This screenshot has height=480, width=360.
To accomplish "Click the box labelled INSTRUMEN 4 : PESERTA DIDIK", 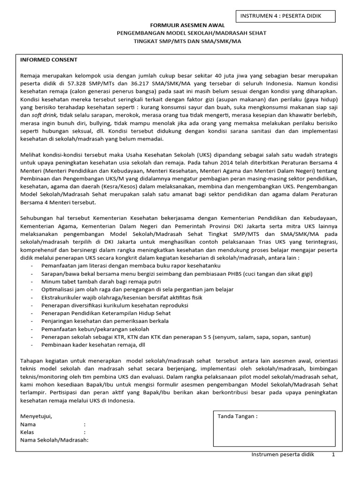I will [x=287, y=17].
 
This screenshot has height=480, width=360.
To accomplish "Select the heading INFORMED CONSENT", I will [x=49, y=60].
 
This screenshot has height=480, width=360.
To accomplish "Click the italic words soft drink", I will [x=45, y=115].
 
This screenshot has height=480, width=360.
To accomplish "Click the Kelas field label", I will [x=28, y=432].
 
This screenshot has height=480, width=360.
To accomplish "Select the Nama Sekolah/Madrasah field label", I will [x=54, y=440].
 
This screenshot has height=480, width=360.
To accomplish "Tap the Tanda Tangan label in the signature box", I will [x=237, y=417].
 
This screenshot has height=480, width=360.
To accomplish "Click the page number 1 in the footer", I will [x=333, y=455].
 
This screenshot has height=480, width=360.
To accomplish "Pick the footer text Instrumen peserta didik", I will [x=283, y=455].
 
